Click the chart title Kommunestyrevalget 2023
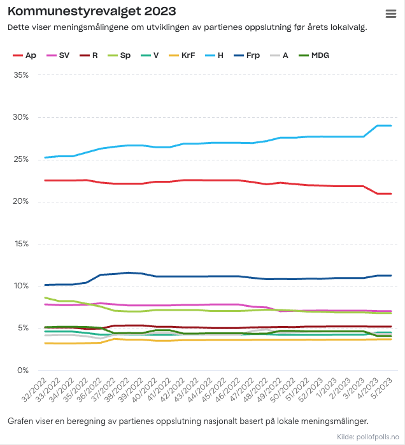pyautogui.click(x=92, y=12)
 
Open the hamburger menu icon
pyautogui.click(x=391, y=14)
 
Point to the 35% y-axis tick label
pyautogui.click(x=20, y=75)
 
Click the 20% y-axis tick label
pyautogui.click(x=20, y=202)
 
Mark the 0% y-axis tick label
pyautogui.click(x=23, y=371)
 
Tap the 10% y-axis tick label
pyautogui.click(x=20, y=286)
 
